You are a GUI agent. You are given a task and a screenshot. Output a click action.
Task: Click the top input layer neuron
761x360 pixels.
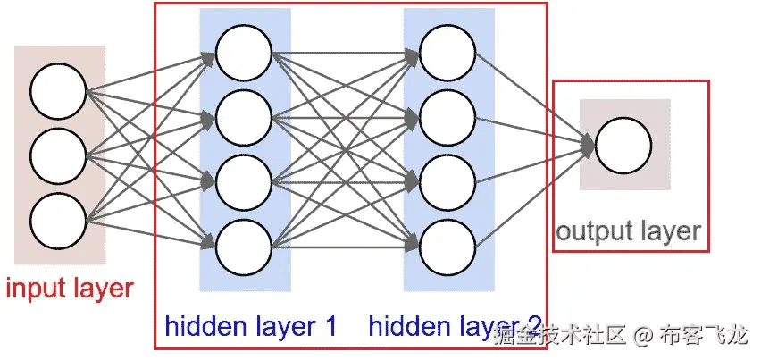[58, 91]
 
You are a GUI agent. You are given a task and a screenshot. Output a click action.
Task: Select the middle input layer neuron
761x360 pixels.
[58, 155]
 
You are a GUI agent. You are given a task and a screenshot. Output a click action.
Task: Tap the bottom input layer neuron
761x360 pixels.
[58, 220]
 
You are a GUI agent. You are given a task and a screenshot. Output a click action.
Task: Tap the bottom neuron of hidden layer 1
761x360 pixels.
[243, 244]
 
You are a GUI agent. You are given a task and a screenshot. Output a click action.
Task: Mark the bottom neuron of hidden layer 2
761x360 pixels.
[447, 244]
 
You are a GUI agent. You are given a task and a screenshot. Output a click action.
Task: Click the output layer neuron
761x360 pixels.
[623, 147]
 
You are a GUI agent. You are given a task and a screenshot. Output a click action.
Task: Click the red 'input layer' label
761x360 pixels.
[70, 289]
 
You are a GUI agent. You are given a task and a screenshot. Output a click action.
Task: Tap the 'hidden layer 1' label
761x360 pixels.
[250, 327]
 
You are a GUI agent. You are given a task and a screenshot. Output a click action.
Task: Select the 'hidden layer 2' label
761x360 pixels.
[455, 327]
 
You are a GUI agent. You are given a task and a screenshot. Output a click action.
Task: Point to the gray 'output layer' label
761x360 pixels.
[628, 232]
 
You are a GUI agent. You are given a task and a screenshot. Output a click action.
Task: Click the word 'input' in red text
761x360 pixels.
[33, 289]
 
